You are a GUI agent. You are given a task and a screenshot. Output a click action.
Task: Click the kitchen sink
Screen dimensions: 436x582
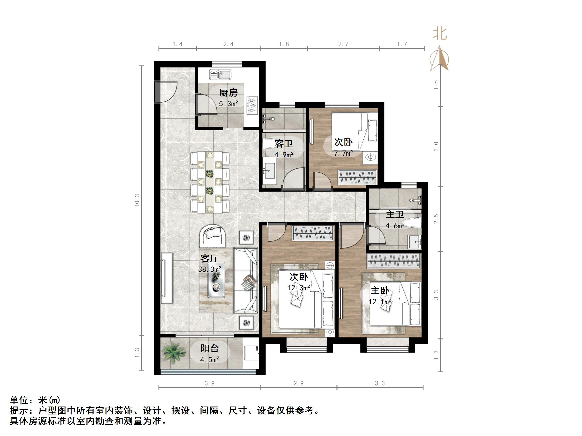click(220, 75)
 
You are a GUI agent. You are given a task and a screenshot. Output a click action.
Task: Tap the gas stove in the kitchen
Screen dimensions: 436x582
click(252, 106)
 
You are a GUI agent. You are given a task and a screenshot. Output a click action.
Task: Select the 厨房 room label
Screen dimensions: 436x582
click(228, 93)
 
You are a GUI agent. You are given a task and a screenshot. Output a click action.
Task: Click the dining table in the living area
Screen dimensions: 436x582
click(210, 182)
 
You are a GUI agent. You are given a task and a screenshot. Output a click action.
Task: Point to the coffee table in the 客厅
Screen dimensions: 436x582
click(216, 280)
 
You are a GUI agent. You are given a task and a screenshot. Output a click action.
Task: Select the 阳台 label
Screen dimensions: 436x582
click(209, 348)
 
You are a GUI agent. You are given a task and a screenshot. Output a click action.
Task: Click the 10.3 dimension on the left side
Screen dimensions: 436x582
click(137, 201)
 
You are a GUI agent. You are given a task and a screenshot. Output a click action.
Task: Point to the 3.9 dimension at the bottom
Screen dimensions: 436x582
click(210, 383)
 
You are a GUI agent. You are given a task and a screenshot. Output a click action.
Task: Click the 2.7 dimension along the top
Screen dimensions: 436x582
click(343, 44)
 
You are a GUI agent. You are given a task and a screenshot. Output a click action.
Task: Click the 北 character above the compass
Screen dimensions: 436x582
click(440, 34)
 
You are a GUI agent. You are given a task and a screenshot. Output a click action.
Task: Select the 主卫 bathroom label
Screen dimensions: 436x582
click(395, 214)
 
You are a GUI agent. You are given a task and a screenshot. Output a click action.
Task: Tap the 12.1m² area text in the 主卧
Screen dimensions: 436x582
click(380, 302)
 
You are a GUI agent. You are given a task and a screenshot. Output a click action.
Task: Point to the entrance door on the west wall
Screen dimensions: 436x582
click(158, 92)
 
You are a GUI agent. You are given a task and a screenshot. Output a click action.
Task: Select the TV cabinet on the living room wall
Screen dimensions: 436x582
click(167, 278)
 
